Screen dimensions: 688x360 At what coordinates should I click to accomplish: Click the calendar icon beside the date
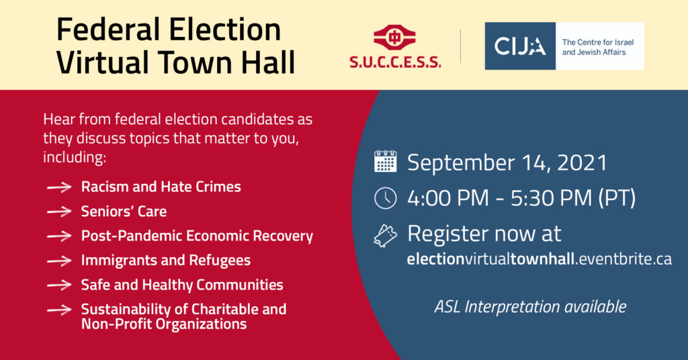pos(385,161)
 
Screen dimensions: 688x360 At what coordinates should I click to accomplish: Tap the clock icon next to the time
pos(385,197)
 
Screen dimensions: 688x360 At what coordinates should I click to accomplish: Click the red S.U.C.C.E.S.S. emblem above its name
pos(394,38)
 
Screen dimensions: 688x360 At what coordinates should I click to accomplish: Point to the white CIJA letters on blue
pos(520,46)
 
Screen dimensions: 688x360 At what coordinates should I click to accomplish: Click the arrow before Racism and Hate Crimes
pos(59,187)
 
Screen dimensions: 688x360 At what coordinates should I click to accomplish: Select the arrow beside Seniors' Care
pos(59,212)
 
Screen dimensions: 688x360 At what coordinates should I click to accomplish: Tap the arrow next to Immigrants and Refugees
pos(59,261)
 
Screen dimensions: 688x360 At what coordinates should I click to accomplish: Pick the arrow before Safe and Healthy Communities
pos(59,285)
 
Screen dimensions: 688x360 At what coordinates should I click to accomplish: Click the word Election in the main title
pos(224,30)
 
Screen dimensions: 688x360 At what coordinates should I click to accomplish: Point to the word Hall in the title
pos(267,62)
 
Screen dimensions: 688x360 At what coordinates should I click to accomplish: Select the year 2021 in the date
pos(582,163)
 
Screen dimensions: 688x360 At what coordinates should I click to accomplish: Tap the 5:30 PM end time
pos(551,197)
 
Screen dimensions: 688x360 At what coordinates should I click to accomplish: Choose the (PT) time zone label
pos(617,198)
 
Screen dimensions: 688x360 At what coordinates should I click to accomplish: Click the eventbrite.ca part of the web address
pos(626,259)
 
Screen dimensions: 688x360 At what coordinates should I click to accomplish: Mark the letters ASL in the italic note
pos(447,306)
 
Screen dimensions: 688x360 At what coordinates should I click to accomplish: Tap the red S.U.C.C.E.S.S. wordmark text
pos(395,62)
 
